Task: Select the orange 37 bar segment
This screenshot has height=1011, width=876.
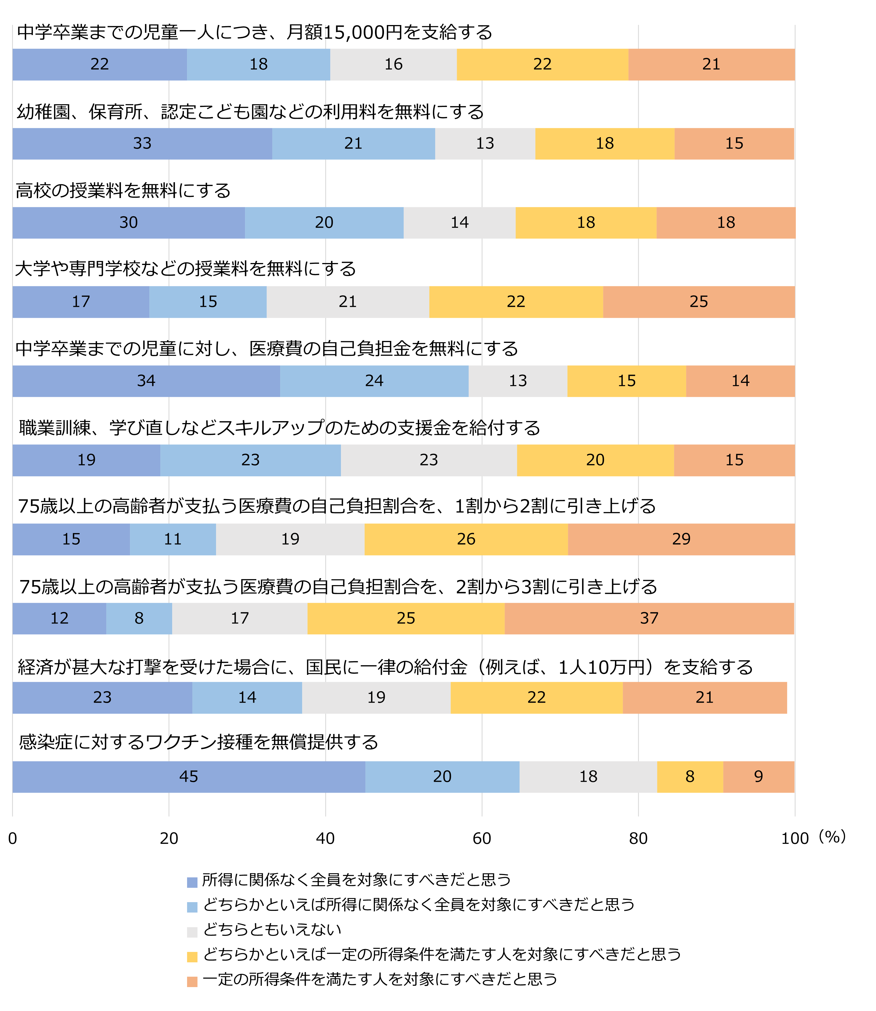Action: point(649,618)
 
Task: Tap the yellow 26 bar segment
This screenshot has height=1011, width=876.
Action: point(466,539)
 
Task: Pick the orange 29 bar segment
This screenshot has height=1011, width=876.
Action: point(681,539)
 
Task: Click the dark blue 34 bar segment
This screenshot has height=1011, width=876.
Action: point(146,381)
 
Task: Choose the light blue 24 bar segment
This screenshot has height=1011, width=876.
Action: point(374,381)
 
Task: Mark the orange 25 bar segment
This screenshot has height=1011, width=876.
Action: point(698,302)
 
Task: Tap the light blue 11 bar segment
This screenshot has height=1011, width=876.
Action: point(172,539)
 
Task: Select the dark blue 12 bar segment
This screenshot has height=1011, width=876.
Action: point(59,618)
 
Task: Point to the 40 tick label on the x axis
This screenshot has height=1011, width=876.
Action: point(325,839)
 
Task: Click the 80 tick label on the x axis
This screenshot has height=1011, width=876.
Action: point(638,839)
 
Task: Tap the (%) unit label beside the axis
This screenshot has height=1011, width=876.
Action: point(832,837)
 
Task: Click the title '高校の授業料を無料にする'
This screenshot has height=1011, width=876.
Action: point(123,191)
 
